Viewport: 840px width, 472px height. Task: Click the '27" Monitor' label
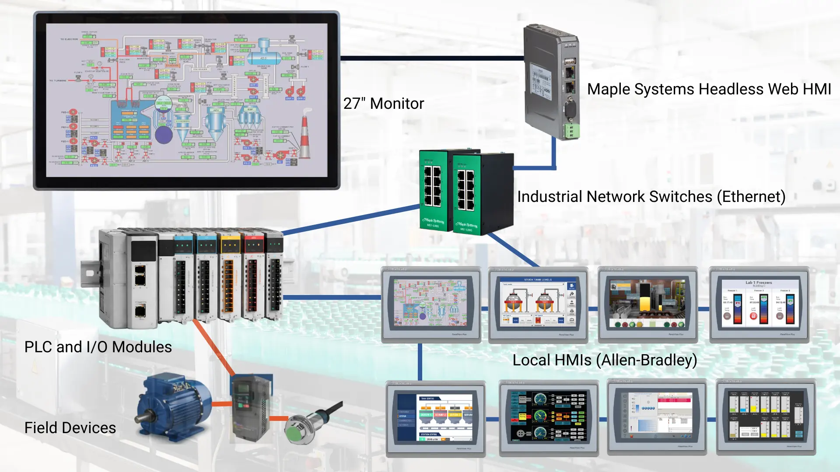coord(383,104)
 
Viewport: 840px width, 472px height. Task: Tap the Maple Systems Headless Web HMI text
coord(708,89)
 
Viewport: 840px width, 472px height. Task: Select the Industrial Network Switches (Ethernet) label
coord(651,197)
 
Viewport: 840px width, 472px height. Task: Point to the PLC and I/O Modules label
coord(98,347)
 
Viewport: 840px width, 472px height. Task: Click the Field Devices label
coord(70,427)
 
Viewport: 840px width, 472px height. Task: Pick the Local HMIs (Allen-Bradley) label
coord(605,360)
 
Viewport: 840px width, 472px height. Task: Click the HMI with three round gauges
coord(549,417)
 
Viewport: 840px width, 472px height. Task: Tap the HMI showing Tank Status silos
coord(436,417)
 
